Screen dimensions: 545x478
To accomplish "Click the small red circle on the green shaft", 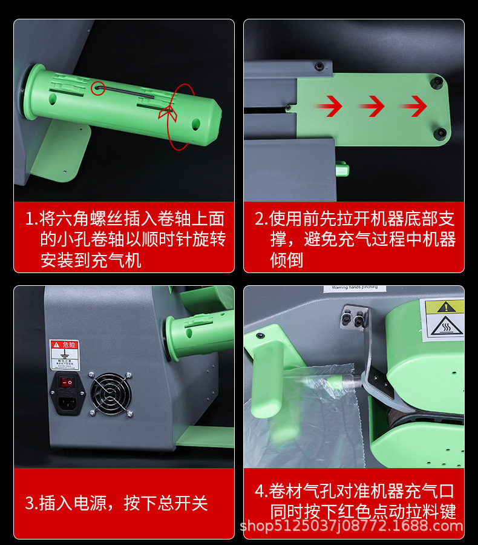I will tap(98, 89).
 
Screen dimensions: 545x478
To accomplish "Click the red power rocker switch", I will tap(67, 381).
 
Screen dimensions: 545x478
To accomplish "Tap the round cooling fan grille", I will tap(110, 393).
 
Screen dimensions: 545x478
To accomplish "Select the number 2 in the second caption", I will tap(260, 219).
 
